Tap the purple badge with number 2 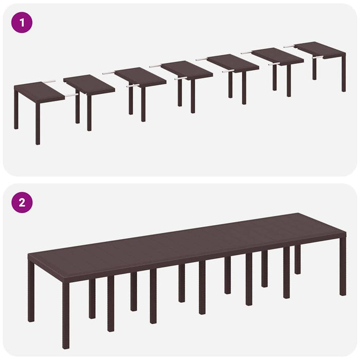[x=22, y=202]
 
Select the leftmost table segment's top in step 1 [x=39, y=92]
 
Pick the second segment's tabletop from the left [x=89, y=84]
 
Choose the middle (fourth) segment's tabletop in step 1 [x=187, y=69]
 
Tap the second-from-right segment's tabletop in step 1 [x=278, y=56]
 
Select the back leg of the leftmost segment [x=16, y=113]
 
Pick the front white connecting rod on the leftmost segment [x=71, y=95]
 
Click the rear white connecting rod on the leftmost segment [x=49, y=81]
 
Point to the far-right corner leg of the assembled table [x=343, y=273]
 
